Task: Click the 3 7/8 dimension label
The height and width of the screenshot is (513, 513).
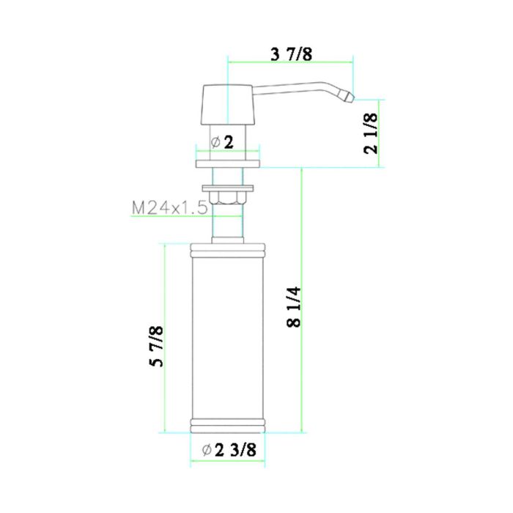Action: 291,53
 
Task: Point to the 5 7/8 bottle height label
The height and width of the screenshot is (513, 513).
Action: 155,348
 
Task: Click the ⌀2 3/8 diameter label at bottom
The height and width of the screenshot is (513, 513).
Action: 228,450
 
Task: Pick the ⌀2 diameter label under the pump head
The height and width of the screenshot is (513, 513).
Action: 222,142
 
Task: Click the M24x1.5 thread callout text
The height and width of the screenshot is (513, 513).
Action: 169,208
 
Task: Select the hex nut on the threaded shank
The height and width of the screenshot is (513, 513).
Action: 228,194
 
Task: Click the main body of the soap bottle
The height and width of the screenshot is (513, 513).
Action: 228,337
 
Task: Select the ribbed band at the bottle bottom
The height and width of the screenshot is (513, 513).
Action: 228,426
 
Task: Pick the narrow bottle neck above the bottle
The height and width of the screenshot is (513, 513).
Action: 228,229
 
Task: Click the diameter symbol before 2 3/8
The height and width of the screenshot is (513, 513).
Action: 206,450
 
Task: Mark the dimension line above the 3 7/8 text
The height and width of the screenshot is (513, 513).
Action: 291,62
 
